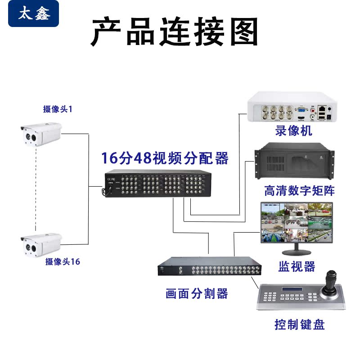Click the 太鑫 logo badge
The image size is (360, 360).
33,14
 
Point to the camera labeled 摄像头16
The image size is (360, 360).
41,244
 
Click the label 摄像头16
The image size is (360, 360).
63,261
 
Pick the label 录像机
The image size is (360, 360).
293,131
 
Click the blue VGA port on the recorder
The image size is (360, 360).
301,109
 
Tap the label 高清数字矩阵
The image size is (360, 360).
299,190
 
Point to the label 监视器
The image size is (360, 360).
297,266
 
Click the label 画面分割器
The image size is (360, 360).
197,294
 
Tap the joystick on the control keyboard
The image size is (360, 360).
333,281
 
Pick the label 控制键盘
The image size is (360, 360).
299,324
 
